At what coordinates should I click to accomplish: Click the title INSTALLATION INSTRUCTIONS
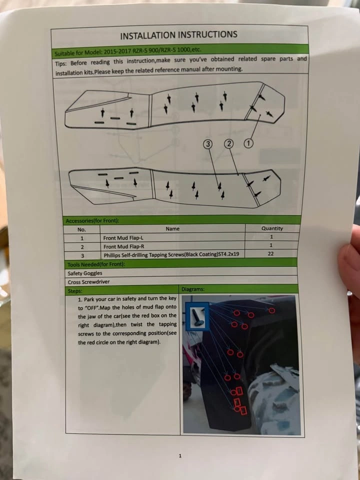pos(178,34)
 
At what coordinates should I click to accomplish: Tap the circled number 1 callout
pos(248,143)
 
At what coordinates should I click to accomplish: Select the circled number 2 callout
pos(228,143)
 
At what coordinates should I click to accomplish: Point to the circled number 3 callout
pos(208,143)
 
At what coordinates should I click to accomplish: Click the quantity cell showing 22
pos(270,253)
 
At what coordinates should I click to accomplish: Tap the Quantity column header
pos(272,228)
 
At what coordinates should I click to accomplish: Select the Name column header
pos(172,228)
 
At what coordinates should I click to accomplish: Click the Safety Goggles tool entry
pos(85,273)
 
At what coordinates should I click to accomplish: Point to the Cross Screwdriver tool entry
pos(89,281)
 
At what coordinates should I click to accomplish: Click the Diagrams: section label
pos(193,289)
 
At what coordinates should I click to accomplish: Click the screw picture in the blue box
pos(197,316)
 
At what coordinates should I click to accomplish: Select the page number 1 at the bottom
pos(180,456)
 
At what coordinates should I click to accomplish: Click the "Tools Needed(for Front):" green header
pos(96,264)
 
